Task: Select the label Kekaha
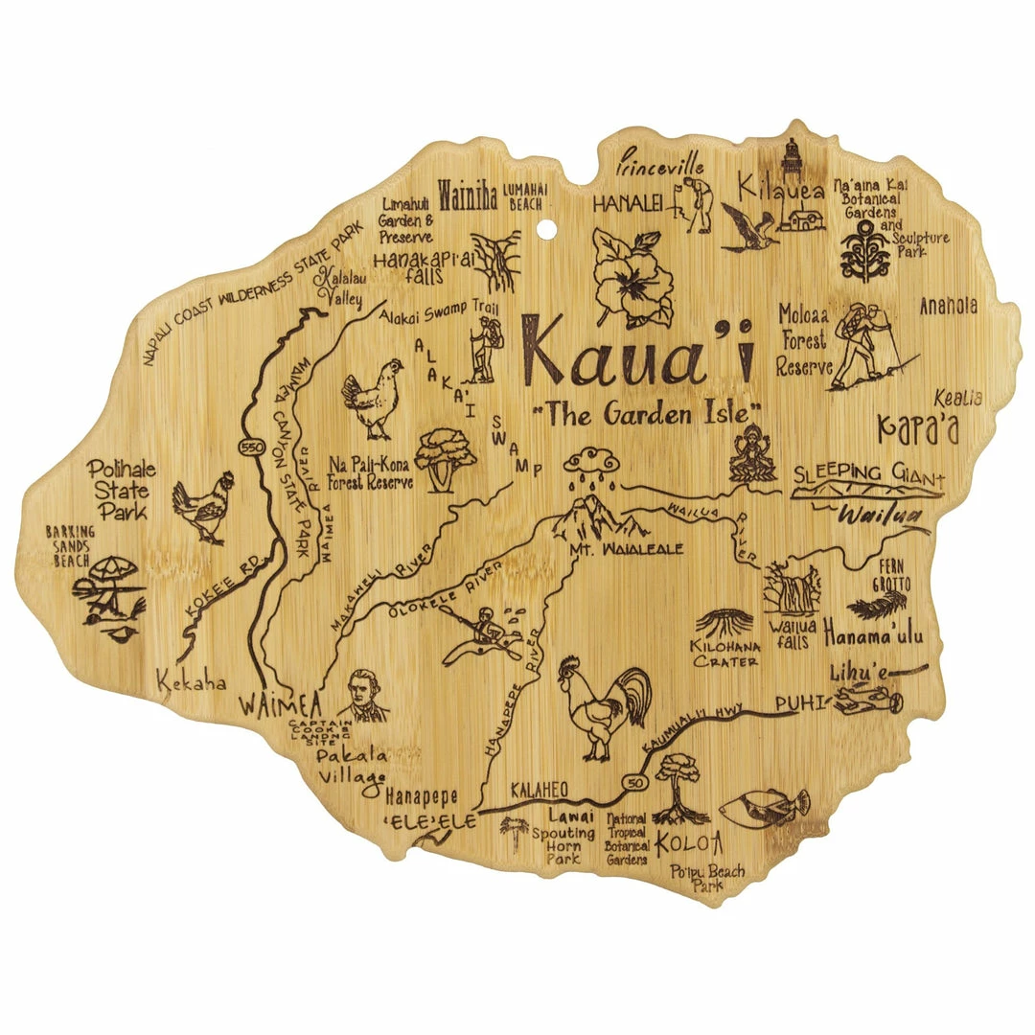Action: (193, 682)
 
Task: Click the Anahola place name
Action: (948, 306)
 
